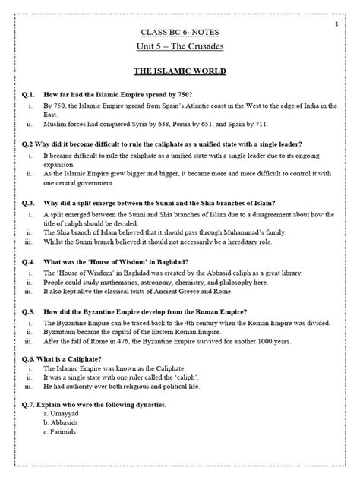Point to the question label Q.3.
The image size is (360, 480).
click(x=29, y=204)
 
